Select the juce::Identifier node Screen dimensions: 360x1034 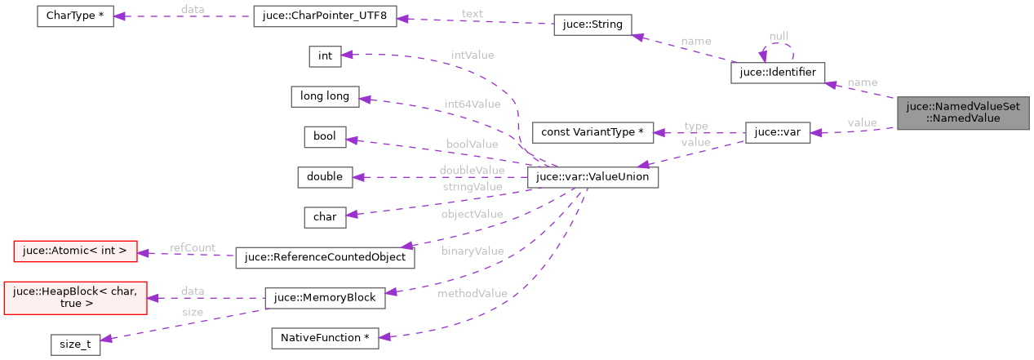(x=778, y=73)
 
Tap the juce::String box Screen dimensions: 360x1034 (x=592, y=24)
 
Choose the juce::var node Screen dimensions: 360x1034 (x=777, y=132)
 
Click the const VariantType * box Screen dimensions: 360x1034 (x=592, y=132)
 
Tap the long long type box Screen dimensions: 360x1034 (x=325, y=96)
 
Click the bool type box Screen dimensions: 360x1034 (x=325, y=136)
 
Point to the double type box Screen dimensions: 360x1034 (x=325, y=176)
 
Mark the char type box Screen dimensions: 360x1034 (x=325, y=217)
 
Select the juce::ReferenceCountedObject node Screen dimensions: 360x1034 (x=325, y=257)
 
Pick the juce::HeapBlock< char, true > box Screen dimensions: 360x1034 (x=75, y=297)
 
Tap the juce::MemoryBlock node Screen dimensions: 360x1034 (x=325, y=298)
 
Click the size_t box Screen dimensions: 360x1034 (x=75, y=344)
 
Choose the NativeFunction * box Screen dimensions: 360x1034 (x=325, y=338)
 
